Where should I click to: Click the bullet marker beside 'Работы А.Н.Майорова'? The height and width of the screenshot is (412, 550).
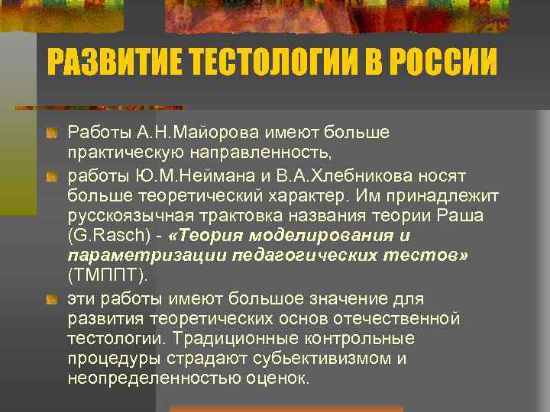coord(51,134)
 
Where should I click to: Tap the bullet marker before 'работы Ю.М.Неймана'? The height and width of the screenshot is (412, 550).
coord(51,176)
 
